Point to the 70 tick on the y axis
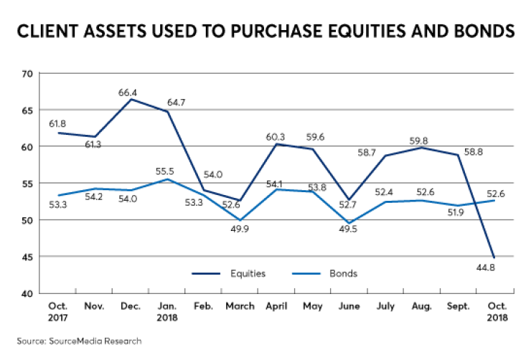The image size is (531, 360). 27,73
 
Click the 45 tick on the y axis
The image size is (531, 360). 27,256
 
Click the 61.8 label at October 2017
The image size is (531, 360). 59,123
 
